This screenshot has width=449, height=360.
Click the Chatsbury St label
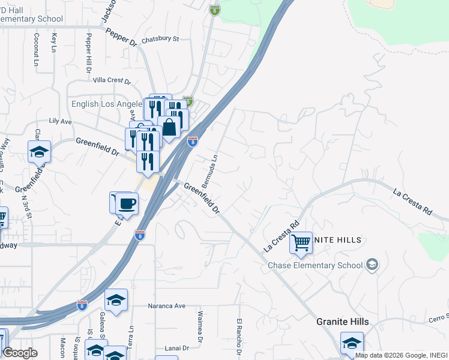[160, 40]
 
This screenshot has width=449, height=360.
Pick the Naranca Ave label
[166, 306]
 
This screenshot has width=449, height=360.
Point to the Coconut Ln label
[37, 49]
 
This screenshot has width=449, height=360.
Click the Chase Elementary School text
[315, 265]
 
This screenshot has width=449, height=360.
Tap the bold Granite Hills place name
[343, 322]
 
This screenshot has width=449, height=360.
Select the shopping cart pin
[301, 243]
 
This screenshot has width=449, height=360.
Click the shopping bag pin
[170, 127]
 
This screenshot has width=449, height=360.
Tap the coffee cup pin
[126, 203]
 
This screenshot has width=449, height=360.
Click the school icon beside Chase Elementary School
[372, 265]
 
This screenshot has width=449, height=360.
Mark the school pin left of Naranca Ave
[116, 299]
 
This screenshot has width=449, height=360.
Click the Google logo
[20, 353]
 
